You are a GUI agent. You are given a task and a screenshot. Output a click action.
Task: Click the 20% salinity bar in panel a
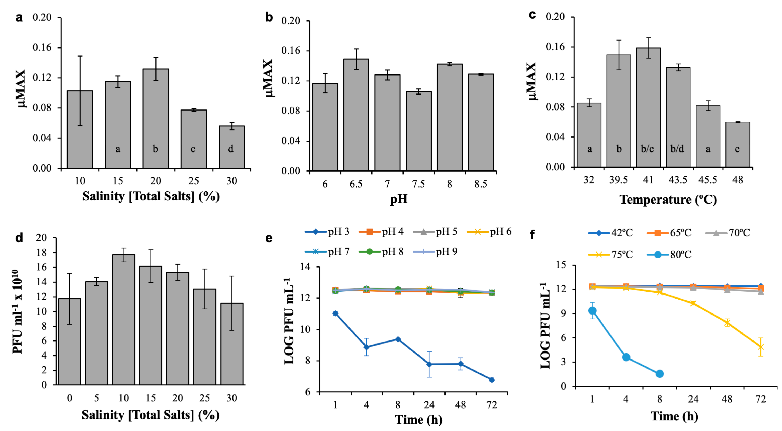point(156,118)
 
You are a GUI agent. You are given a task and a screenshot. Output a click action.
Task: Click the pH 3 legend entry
point(327,232)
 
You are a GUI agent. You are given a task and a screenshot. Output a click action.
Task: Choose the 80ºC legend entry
point(669,254)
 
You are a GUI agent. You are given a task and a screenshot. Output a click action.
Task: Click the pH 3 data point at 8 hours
point(398,339)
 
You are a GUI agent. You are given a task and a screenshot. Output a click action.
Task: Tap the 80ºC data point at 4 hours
point(626,357)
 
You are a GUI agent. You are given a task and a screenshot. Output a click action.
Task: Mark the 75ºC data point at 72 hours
point(760,347)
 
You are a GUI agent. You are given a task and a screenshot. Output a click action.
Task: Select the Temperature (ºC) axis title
point(668,200)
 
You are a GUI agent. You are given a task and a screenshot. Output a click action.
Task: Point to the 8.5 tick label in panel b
point(481,184)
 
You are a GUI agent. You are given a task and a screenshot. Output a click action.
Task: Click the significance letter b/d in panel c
point(677,149)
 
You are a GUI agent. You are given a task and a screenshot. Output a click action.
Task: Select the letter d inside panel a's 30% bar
point(231,149)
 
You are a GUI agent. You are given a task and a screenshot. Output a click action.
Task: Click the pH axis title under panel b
point(398,199)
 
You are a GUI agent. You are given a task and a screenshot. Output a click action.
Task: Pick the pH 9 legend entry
point(435,252)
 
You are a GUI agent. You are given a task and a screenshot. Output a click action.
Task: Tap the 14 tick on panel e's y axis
point(305,267)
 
